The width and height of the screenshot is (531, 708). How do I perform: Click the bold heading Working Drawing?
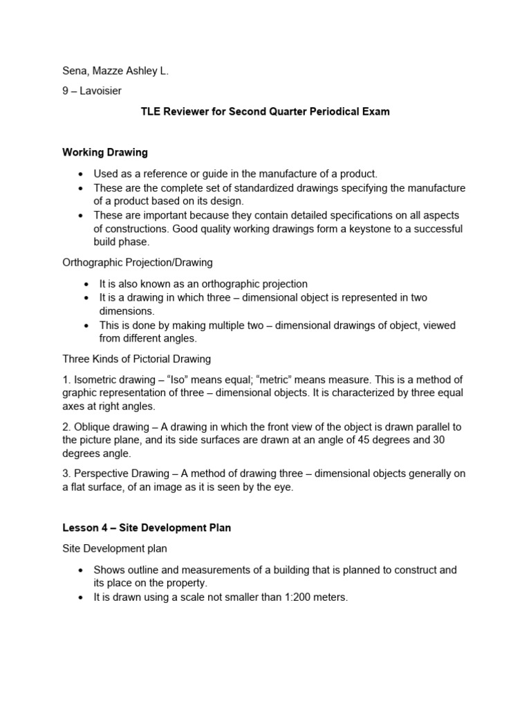(105, 151)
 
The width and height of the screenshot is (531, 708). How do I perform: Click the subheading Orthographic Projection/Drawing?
(138, 262)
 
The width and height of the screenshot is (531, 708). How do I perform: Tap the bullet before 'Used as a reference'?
(82, 174)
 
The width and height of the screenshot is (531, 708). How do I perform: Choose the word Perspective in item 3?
(101, 474)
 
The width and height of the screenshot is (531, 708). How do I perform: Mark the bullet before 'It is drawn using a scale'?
(82, 597)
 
